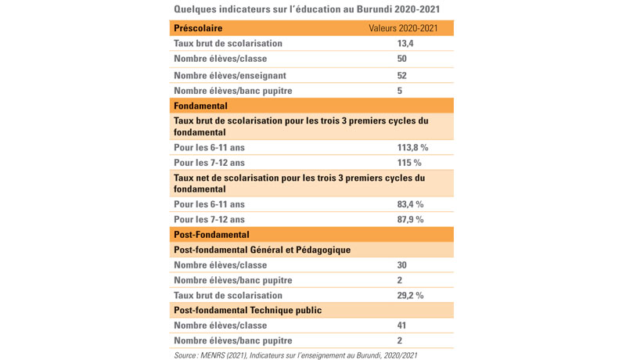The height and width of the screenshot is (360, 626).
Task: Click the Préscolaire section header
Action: click(x=198, y=28)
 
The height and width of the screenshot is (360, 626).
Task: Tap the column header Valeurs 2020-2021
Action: click(x=403, y=28)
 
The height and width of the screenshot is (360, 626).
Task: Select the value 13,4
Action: click(x=405, y=44)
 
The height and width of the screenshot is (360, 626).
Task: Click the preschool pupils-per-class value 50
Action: click(x=401, y=59)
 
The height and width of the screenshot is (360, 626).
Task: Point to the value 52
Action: click(x=401, y=75)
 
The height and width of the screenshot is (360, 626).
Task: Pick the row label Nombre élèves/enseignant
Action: click(x=230, y=75)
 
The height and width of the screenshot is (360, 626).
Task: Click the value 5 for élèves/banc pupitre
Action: click(x=400, y=91)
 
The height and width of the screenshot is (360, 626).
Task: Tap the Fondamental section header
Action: click(x=200, y=106)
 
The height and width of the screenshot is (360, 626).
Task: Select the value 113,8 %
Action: click(x=412, y=148)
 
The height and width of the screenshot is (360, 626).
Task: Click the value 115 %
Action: click(x=409, y=163)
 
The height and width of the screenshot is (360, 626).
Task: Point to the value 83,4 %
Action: click(x=410, y=204)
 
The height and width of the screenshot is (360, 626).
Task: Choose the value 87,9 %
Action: click(x=410, y=219)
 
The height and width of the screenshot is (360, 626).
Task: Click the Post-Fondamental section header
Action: click(x=211, y=235)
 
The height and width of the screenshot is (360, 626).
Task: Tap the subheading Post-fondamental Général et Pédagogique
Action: click(x=262, y=250)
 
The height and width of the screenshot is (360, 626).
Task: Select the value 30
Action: click(x=401, y=265)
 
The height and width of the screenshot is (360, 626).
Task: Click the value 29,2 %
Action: click(x=410, y=295)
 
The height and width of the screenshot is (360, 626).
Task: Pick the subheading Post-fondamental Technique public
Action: click(x=247, y=310)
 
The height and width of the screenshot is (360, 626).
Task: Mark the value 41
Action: click(x=401, y=326)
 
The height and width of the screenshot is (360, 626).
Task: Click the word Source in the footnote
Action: click(x=185, y=355)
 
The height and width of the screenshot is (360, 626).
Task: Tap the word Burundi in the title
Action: click(x=374, y=9)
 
